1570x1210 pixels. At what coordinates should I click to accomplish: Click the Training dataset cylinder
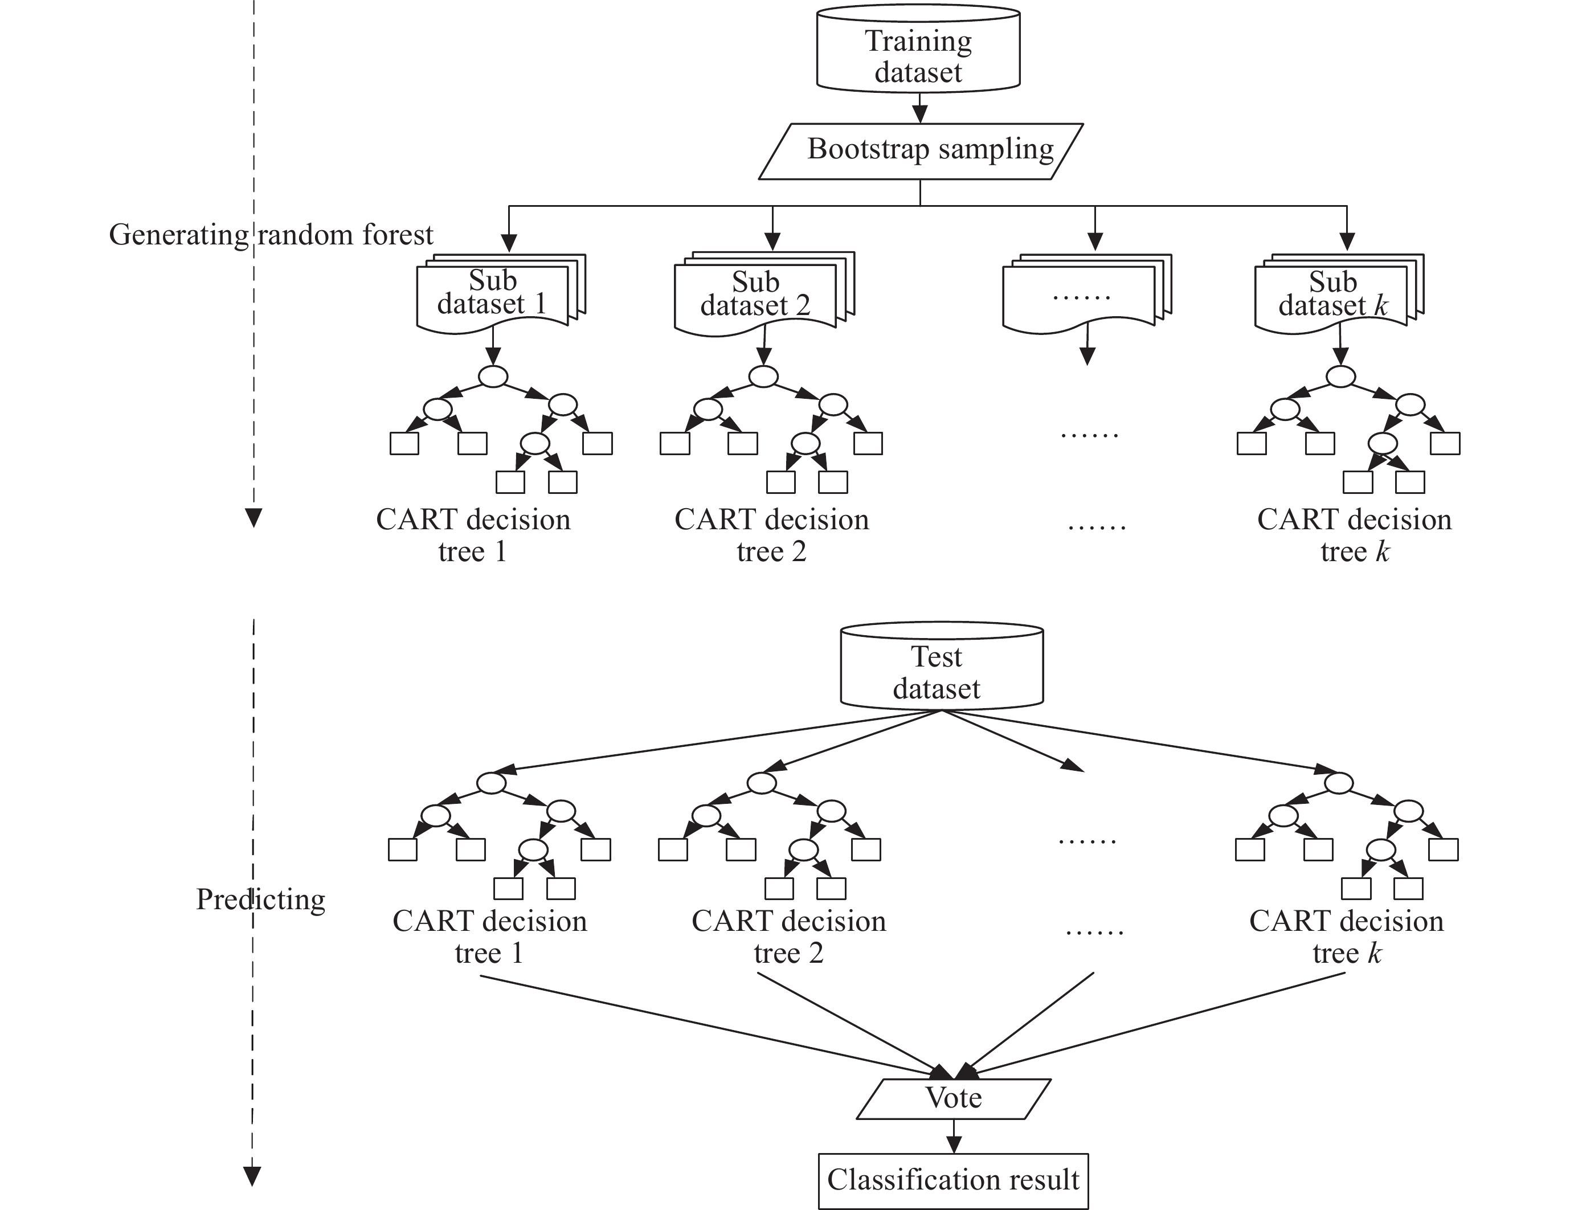click(918, 50)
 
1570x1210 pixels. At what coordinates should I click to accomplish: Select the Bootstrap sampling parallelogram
click(921, 151)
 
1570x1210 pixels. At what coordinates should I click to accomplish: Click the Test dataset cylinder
click(941, 667)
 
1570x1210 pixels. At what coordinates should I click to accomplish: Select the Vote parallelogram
click(953, 1098)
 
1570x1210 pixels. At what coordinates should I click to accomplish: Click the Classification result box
click(953, 1180)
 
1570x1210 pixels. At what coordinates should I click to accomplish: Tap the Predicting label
click(260, 900)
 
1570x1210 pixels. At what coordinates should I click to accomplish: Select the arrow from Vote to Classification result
click(953, 1137)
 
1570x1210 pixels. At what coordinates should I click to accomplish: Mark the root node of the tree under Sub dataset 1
click(493, 376)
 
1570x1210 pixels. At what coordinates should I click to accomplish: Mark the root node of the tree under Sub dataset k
click(1340, 376)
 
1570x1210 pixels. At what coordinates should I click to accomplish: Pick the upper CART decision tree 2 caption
click(771, 535)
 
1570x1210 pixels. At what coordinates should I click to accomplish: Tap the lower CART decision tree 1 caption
click(489, 936)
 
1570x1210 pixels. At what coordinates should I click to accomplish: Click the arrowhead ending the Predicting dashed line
click(252, 1177)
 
